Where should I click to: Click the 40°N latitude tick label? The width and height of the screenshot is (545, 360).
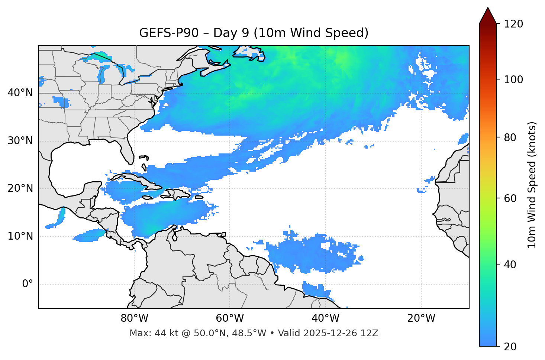tap(20, 93)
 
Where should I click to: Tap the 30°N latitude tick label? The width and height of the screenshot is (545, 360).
tap(20, 141)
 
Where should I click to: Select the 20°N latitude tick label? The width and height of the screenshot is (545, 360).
tap(20, 188)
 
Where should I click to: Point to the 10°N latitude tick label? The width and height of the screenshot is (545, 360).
tap(20, 236)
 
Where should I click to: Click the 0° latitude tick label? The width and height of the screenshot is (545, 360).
tap(28, 284)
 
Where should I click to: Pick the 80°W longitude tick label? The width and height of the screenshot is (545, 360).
tap(134, 318)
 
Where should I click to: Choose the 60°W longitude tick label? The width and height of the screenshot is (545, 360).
tap(230, 318)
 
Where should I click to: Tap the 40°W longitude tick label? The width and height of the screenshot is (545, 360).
tap(325, 318)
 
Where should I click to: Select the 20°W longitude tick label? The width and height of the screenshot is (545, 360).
tap(421, 318)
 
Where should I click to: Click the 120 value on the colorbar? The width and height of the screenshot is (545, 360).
tap(513, 24)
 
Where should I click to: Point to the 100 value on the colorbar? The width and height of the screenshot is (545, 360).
tap(513, 80)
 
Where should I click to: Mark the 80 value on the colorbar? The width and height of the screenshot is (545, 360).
tap(510, 137)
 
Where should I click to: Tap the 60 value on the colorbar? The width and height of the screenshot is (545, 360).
tap(510, 198)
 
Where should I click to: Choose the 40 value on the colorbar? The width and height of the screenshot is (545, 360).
tap(510, 265)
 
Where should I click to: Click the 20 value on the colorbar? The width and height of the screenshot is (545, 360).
tap(510, 347)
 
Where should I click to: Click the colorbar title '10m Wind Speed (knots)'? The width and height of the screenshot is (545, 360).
tap(532, 185)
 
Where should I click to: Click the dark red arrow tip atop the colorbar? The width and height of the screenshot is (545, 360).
tap(488, 13)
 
